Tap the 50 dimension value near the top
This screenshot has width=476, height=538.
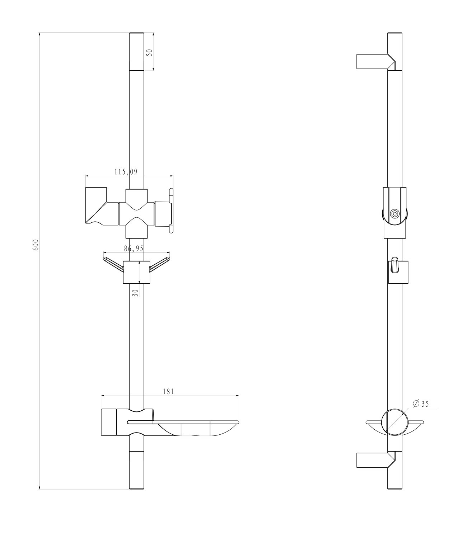pos(150,52)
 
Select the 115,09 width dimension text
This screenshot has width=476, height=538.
pos(126,172)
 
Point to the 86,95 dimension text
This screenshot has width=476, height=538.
pos(134,248)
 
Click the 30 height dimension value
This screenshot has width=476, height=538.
pos(135,293)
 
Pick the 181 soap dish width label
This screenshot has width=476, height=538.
pos(168,392)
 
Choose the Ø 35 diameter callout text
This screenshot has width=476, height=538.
pos(421,403)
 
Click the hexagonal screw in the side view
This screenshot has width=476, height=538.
pos(395,213)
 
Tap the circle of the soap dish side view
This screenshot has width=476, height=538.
pos(395,422)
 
